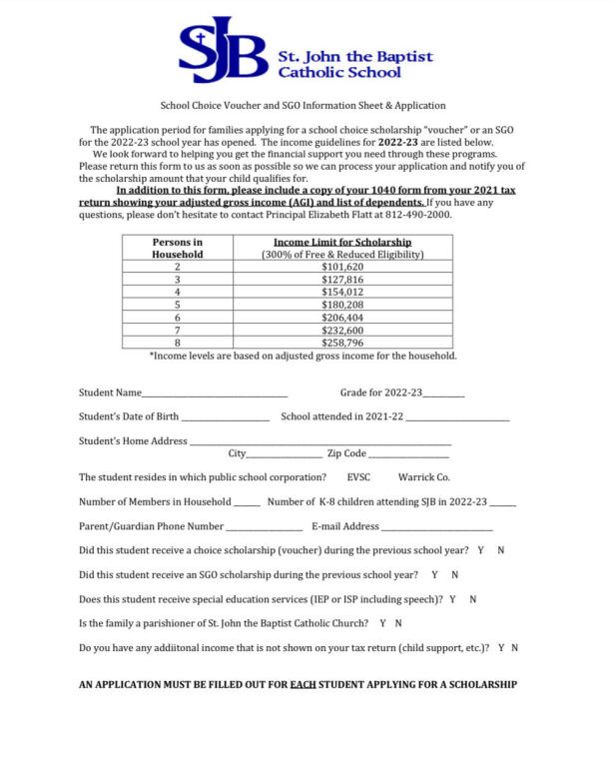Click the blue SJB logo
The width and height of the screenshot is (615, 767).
point(222,50)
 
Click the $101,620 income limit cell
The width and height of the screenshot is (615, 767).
point(342,268)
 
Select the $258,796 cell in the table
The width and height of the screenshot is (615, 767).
point(342,343)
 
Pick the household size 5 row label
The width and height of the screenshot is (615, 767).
point(177,305)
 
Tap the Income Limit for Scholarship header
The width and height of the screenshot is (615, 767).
point(342,243)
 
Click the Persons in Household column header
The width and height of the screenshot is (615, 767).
point(177,248)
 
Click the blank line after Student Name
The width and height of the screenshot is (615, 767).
point(215,393)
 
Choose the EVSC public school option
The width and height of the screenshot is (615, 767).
point(358,477)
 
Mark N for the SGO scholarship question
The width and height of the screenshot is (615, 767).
point(454,575)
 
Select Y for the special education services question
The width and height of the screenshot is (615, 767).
point(452,599)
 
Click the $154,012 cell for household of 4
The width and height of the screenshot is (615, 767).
point(342,293)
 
